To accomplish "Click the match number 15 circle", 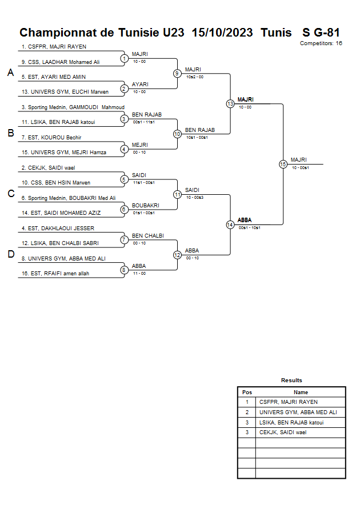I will click(x=283, y=164).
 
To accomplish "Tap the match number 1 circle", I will click(x=124, y=58).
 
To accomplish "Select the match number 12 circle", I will click(x=177, y=254).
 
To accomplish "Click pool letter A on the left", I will click(x=10, y=73).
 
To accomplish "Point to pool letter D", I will click(x=10, y=254).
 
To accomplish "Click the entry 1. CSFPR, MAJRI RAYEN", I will click(x=54, y=47).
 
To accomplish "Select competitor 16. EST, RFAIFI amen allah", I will click(x=55, y=274).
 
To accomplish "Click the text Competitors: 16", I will click(x=321, y=43).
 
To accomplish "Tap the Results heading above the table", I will click(x=291, y=380).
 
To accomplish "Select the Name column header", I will click(x=301, y=392).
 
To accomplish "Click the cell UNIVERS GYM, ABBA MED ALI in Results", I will click(x=298, y=412).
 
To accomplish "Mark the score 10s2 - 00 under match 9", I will click(x=195, y=77).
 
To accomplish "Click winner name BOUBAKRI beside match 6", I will click(x=145, y=205).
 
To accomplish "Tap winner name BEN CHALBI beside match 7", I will click(x=147, y=235).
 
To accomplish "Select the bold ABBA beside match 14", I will click(x=244, y=220).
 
